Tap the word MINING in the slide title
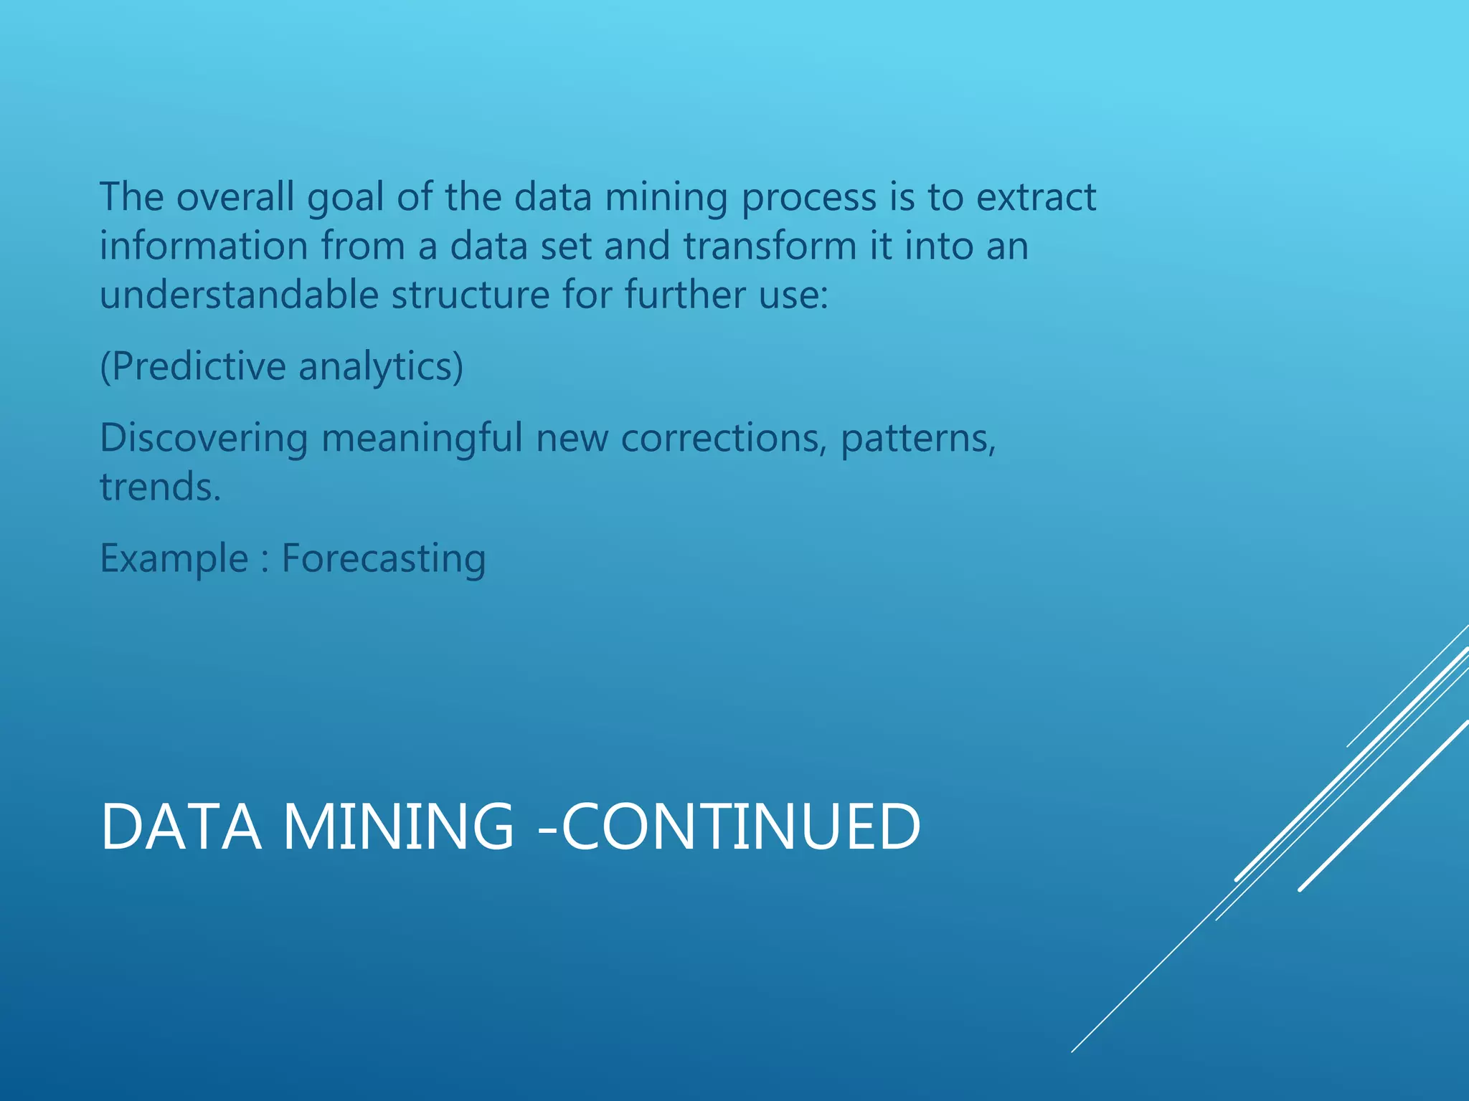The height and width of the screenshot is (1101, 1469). (x=399, y=827)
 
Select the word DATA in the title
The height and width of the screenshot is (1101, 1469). (x=181, y=827)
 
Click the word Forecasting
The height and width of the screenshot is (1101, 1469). (x=384, y=559)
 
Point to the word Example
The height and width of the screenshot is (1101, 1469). (x=174, y=559)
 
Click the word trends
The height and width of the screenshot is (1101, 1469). (x=160, y=487)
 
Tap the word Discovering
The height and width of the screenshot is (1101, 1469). (x=204, y=438)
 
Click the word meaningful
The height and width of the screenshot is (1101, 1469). (x=422, y=438)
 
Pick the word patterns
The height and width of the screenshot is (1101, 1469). (x=918, y=438)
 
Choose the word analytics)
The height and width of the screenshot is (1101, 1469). (x=381, y=367)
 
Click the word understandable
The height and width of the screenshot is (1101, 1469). (x=239, y=295)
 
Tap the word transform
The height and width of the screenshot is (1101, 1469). (x=770, y=247)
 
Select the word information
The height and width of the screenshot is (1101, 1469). (x=204, y=247)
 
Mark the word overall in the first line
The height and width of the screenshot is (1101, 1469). (x=235, y=197)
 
